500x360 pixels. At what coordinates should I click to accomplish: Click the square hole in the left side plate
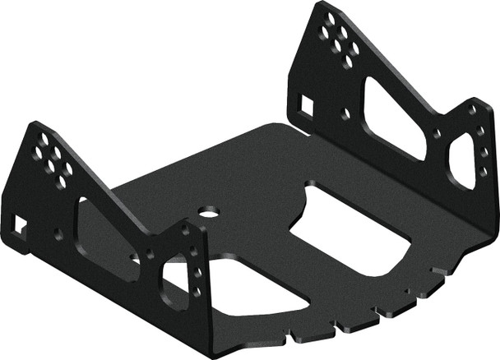pos(18,222)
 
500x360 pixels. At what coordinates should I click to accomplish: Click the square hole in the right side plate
pos(305,104)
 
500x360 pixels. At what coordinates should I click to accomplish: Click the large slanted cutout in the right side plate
pos(393,118)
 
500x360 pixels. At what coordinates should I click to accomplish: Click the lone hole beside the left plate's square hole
pos(57,233)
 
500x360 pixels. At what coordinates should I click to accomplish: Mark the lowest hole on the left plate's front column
pos(196,291)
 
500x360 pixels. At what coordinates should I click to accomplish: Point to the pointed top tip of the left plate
pos(32,123)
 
